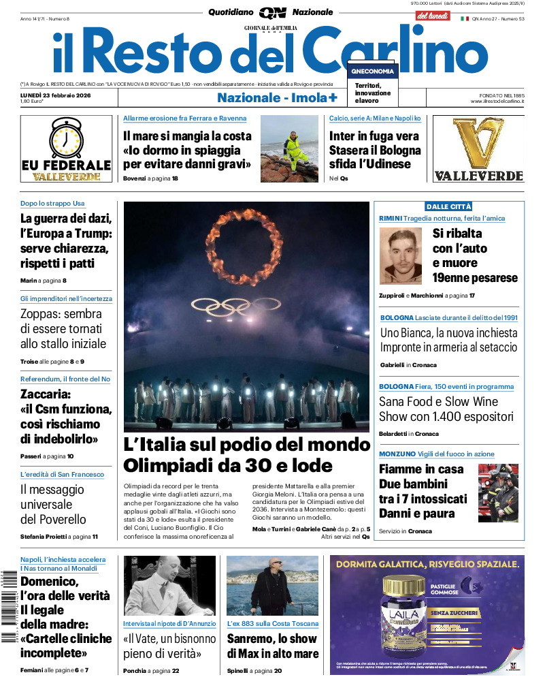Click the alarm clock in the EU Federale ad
(x=67, y=138)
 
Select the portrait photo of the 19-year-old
(x=400, y=256)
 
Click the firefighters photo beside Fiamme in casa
(x=498, y=492)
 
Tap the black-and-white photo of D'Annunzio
(x=169, y=586)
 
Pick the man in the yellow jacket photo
(x=289, y=149)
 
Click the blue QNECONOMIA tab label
(x=372, y=72)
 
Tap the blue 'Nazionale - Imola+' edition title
(x=277, y=97)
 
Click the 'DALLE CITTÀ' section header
(x=448, y=206)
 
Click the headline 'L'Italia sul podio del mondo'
(x=246, y=445)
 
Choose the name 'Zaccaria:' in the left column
(x=46, y=394)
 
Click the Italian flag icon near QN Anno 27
(x=465, y=19)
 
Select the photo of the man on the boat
(x=272, y=586)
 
